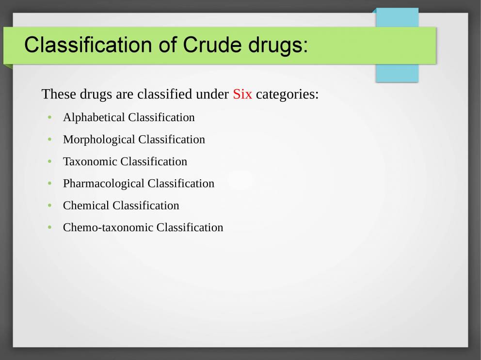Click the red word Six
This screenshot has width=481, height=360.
point(242,94)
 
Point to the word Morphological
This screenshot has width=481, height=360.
point(99,140)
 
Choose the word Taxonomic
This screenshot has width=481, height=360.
point(90,161)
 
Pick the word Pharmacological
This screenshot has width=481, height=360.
point(104,184)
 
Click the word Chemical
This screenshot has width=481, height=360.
point(86,205)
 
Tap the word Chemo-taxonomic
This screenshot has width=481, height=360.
point(108,228)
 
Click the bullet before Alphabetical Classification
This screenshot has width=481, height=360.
point(49,118)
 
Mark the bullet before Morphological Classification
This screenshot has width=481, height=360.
point(49,140)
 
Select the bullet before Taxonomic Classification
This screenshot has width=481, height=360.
point(49,161)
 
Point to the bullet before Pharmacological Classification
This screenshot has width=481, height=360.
point(49,184)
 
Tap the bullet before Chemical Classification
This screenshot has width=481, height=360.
point(49,205)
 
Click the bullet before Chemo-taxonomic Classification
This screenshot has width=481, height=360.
point(49,228)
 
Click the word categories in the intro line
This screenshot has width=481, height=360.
point(287,94)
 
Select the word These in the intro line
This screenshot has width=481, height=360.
point(59,94)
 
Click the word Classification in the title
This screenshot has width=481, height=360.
point(88,45)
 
